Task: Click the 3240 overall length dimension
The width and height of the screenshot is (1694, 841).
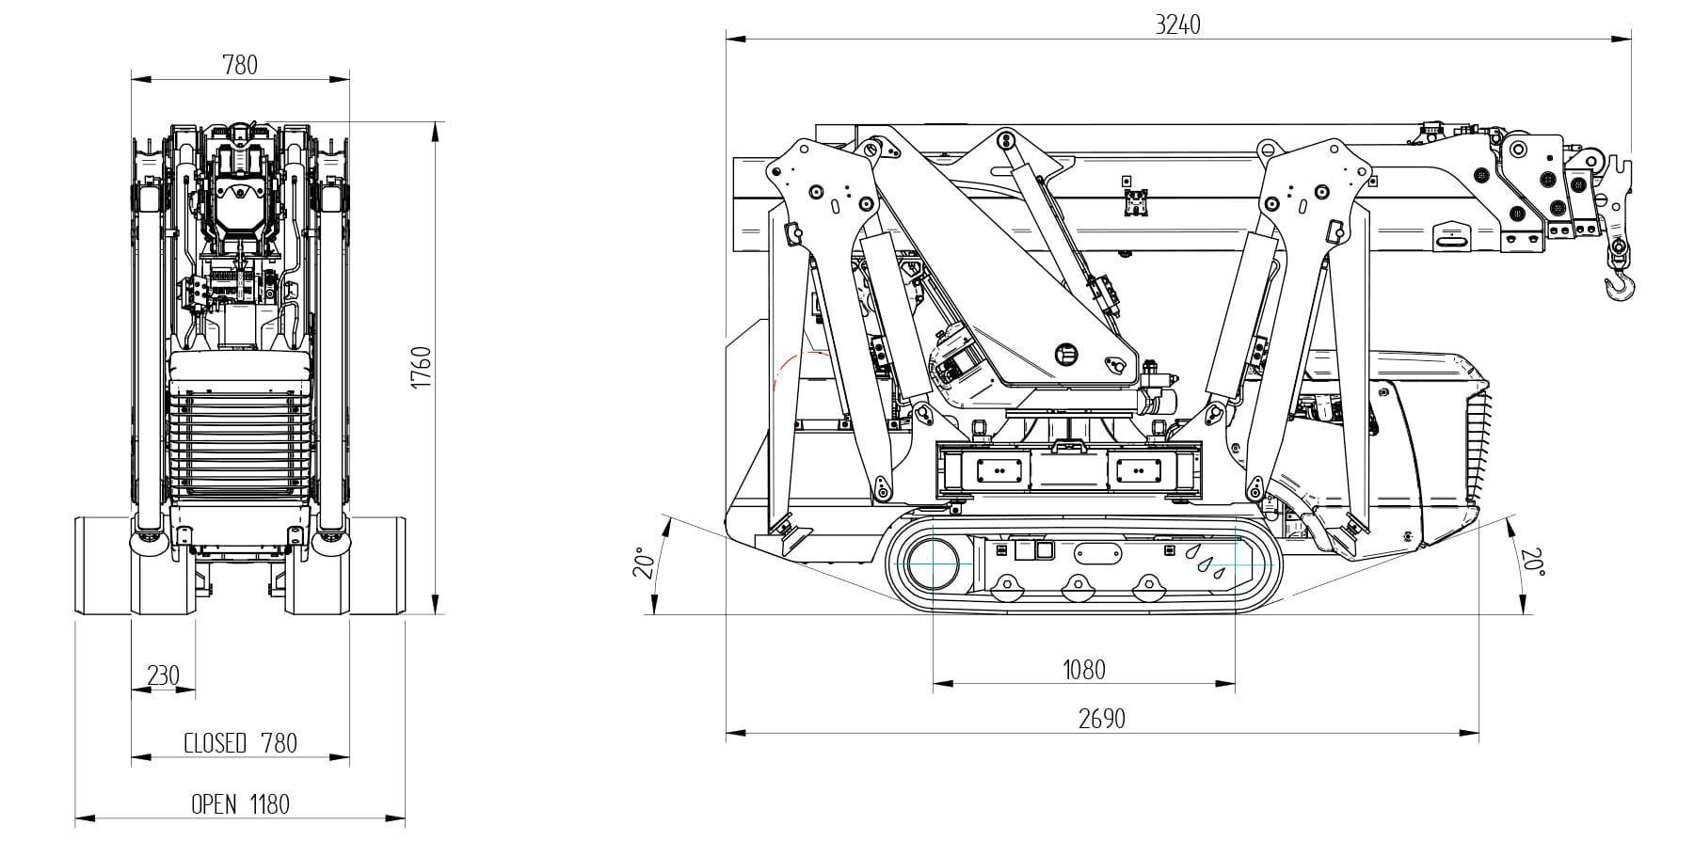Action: tap(1177, 24)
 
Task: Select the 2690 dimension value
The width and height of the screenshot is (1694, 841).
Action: tap(1101, 720)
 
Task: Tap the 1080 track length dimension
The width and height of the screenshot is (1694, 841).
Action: tap(1083, 670)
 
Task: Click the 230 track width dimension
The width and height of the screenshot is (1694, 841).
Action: tap(163, 675)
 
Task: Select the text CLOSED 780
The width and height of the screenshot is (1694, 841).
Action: tap(240, 743)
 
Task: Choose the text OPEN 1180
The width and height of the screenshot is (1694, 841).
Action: tap(240, 804)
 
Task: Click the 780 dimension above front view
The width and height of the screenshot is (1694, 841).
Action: tap(239, 65)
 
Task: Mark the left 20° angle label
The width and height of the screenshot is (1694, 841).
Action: tap(644, 562)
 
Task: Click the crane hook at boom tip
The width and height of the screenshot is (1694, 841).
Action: tap(1620, 282)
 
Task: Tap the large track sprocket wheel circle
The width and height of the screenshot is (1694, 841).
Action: tap(932, 563)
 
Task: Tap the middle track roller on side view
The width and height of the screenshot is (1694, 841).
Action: tap(1075, 589)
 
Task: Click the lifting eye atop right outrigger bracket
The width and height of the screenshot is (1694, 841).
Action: tap(1267, 149)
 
